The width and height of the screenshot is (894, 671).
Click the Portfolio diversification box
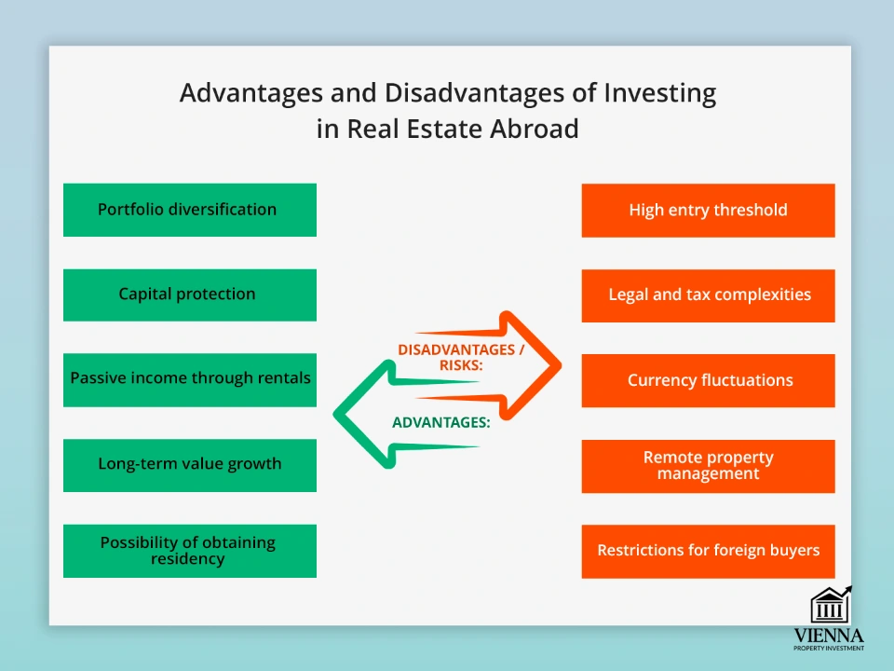click(x=190, y=210)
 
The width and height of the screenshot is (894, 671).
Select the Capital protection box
click(x=190, y=294)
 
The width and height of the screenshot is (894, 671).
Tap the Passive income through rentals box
click(x=190, y=379)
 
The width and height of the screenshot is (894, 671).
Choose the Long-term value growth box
click(x=190, y=464)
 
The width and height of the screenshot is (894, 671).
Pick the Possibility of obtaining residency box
click(x=190, y=550)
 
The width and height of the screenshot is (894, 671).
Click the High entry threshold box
click(x=708, y=211)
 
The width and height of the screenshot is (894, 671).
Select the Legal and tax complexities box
click(x=708, y=295)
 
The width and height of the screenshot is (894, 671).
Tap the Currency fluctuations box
click(x=708, y=380)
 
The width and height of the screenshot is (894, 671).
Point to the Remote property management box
click(x=708, y=466)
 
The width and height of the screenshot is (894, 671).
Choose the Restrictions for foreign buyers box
click(x=708, y=551)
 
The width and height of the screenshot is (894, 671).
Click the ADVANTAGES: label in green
click(x=440, y=422)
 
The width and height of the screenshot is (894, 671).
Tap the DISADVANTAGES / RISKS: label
click(x=461, y=357)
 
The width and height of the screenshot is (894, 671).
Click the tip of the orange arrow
click(x=561, y=363)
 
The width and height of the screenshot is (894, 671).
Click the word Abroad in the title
click(x=535, y=129)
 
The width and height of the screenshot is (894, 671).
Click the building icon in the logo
click(x=830, y=607)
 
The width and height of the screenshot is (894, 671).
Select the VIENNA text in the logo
click(x=829, y=636)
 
